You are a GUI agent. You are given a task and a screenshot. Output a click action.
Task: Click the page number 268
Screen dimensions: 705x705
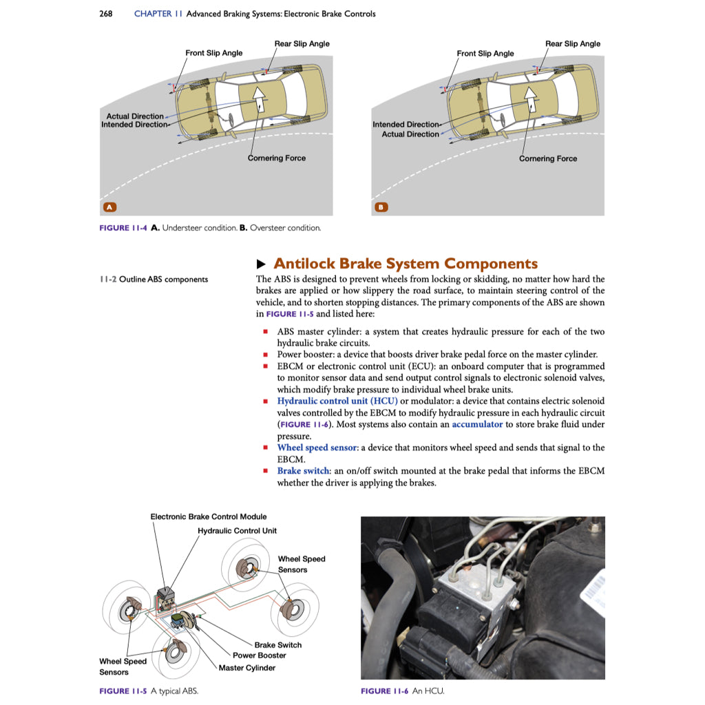pyautogui.click(x=106, y=14)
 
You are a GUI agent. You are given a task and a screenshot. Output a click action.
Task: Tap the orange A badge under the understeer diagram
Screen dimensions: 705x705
pyautogui.click(x=108, y=207)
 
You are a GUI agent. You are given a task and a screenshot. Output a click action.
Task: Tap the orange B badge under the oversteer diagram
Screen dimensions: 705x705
pyautogui.click(x=381, y=207)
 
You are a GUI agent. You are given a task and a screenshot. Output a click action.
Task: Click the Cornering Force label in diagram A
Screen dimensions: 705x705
pyautogui.click(x=276, y=158)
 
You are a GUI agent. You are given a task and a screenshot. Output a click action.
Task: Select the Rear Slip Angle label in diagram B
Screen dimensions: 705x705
pyautogui.click(x=572, y=43)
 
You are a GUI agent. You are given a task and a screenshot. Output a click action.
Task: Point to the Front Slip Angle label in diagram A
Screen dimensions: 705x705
pyautogui.click(x=213, y=53)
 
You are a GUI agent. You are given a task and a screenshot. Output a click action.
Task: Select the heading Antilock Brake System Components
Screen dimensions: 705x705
pyautogui.click(x=405, y=264)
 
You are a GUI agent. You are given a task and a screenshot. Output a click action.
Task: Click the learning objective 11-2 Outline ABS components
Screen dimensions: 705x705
pyautogui.click(x=154, y=280)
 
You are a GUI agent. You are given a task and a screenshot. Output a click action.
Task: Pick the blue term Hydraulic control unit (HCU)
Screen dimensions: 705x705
pyautogui.click(x=337, y=401)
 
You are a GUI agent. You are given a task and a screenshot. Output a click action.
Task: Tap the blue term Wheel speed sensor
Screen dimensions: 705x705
pyautogui.click(x=317, y=448)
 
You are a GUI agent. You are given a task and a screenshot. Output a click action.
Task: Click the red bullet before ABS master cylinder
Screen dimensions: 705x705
pyautogui.click(x=265, y=332)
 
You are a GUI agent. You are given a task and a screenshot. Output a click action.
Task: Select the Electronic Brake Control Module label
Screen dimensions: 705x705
pyautogui.click(x=209, y=516)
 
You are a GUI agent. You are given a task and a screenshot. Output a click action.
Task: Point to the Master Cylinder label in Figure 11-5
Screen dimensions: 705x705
pyautogui.click(x=246, y=668)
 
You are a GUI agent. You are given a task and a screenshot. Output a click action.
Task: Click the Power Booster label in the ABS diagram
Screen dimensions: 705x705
pyautogui.click(x=259, y=655)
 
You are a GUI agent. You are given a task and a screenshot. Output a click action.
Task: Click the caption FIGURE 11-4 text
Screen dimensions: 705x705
pyautogui.click(x=210, y=228)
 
